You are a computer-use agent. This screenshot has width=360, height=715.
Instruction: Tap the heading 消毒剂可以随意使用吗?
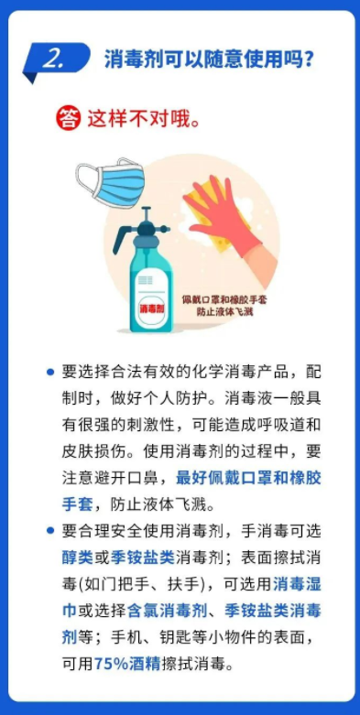coord(209,60)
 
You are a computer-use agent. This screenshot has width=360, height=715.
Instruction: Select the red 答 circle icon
coord(69,120)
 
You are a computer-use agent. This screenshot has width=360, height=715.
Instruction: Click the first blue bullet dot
coord(50,372)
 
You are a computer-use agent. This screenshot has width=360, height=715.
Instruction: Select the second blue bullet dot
coord(50,530)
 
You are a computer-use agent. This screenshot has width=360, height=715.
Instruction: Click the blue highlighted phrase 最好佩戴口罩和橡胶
coord(248,478)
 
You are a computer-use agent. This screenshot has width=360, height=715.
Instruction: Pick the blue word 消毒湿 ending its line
coord(297,584)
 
